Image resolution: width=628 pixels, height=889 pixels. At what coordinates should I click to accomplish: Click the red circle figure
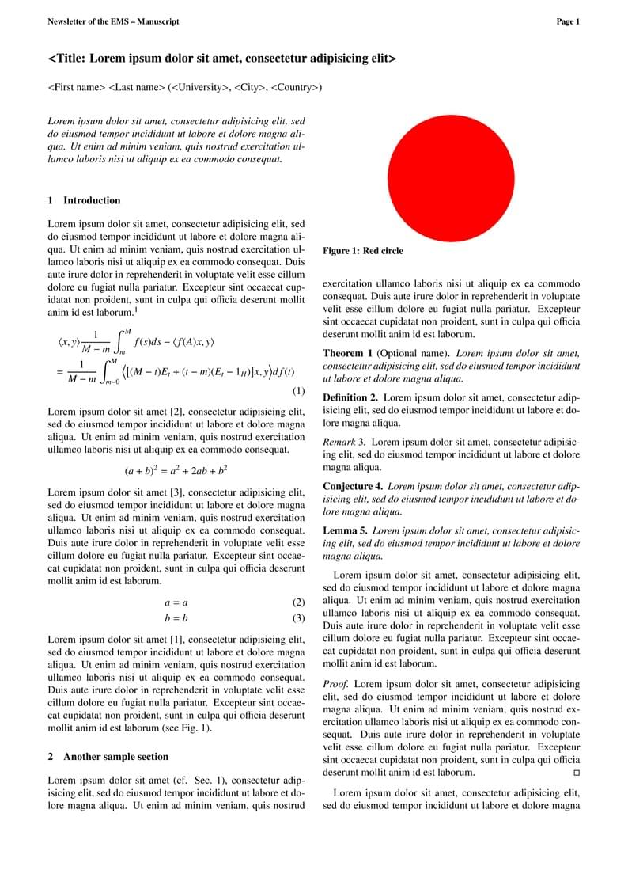451,177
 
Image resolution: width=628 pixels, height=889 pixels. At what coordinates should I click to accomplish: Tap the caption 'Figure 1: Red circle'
363,251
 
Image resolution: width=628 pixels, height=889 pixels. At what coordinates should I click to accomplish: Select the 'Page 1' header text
568,22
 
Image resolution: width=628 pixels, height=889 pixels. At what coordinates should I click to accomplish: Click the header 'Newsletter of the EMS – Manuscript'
113,22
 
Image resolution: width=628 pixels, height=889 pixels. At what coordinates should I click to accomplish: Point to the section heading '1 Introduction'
85,201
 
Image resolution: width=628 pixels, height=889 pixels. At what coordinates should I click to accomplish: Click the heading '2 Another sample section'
108,757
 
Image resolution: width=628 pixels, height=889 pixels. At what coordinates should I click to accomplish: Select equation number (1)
298,391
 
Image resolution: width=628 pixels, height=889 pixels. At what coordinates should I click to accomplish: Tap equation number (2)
298,602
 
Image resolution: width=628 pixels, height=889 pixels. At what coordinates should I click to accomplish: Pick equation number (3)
298,618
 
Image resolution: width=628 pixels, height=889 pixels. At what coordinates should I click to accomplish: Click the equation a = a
176,602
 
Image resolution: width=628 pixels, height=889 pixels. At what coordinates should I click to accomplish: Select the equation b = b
176,618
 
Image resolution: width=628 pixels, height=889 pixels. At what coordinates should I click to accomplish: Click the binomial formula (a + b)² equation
176,470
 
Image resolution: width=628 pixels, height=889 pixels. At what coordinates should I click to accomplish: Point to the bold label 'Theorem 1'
348,353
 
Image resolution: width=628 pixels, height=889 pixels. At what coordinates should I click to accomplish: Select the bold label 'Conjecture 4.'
353,485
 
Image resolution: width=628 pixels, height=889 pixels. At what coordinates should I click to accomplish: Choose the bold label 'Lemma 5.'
345,530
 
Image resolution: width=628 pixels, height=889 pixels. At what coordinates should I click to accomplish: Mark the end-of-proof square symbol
576,772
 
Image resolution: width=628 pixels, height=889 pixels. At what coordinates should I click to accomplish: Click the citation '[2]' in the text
177,412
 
